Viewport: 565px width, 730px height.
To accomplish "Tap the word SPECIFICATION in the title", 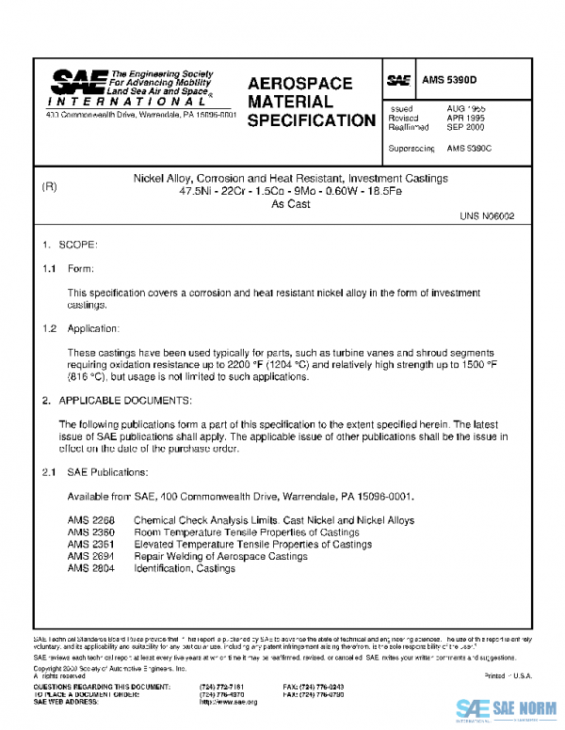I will point(311,120).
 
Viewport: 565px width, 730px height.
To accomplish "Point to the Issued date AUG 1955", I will point(465,108).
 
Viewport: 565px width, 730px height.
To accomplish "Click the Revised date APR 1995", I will point(465,118).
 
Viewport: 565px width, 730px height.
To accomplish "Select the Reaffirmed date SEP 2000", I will point(465,127).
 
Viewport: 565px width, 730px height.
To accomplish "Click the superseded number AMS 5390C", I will point(469,149).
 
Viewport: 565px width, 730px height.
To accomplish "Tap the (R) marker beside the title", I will point(50,186).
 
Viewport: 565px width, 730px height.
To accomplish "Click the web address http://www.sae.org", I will point(229,702).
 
